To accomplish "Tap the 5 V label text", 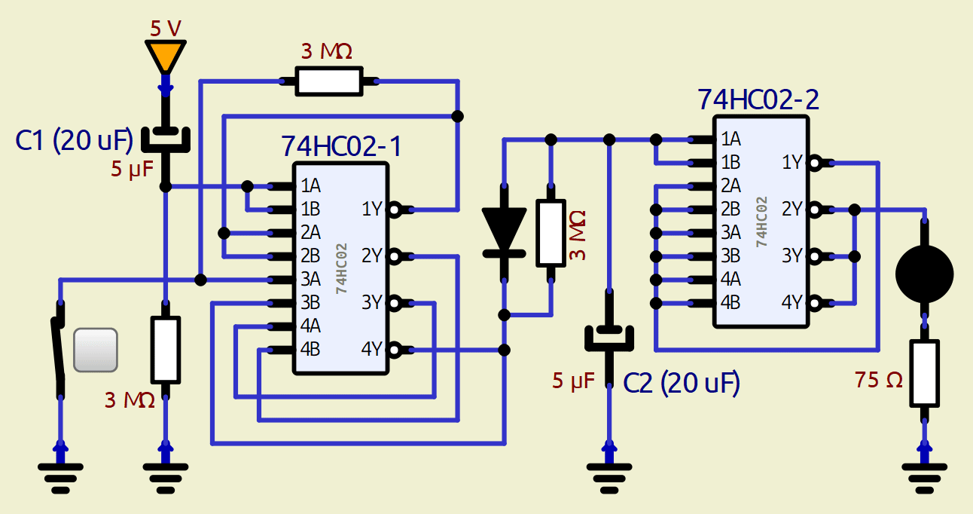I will pyautogui.click(x=166, y=29).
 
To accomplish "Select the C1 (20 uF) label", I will pyautogui.click(x=74, y=140).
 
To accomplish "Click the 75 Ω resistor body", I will pyautogui.click(x=925, y=372).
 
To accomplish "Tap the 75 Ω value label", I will pyautogui.click(x=878, y=381).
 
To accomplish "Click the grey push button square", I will pyautogui.click(x=96, y=350).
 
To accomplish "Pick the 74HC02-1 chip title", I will pyautogui.click(x=341, y=145).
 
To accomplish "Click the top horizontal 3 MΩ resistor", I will pyautogui.click(x=328, y=81).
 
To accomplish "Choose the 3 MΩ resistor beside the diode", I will pyautogui.click(x=551, y=234).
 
